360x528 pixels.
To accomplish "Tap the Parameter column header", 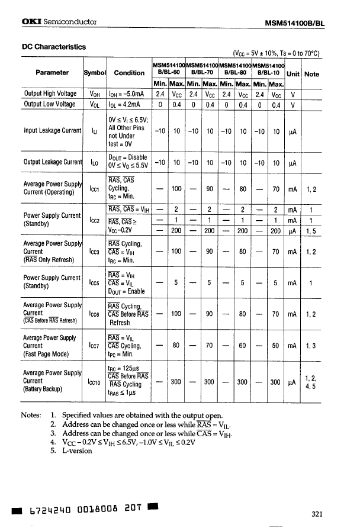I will (52, 73).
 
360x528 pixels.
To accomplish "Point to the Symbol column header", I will (94, 73).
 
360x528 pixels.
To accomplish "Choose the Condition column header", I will (129, 73).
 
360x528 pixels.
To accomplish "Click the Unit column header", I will (292, 73).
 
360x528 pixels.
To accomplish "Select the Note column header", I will (311, 73).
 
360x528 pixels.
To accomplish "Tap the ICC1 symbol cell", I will (94, 188).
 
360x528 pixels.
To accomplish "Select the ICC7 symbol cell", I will (94, 346).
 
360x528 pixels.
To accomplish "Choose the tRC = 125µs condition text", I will (124, 368).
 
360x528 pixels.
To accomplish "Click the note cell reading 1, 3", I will (311, 346).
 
